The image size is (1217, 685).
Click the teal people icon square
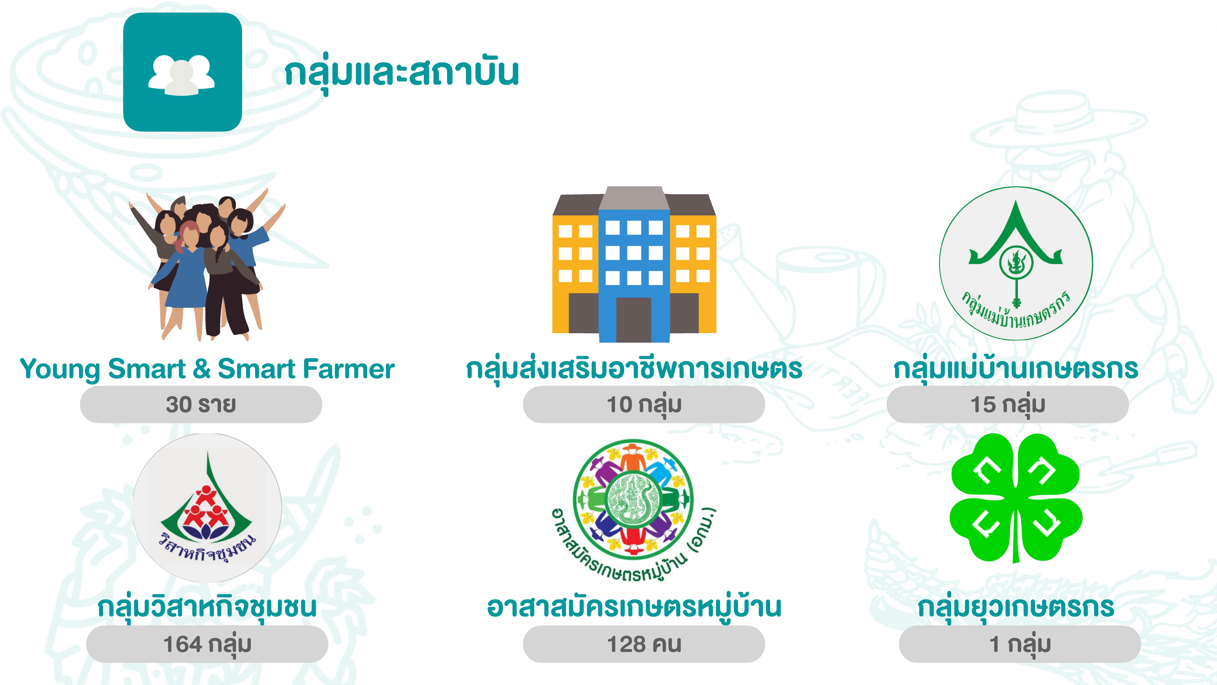[182, 72]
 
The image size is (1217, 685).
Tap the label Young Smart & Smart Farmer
[207, 369]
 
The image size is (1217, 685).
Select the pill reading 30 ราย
[201, 404]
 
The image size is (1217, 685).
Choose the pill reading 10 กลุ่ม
[644, 404]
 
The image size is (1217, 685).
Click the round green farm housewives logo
[1016, 263]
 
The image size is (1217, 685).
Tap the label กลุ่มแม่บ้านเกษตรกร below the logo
[1016, 369]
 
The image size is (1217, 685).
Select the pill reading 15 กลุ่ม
[1008, 404]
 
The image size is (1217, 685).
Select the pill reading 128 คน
[644, 644]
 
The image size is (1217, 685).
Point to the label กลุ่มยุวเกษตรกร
[1016, 608]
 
